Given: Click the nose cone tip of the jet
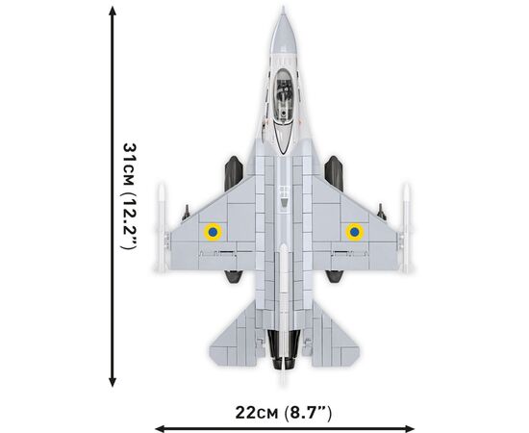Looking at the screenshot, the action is pyautogui.click(x=283, y=8).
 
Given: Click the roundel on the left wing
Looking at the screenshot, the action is pyautogui.click(x=213, y=232).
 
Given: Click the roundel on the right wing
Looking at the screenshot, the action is pyautogui.click(x=354, y=232).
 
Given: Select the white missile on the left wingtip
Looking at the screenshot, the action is pyautogui.click(x=162, y=228).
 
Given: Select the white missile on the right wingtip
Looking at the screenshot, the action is pyautogui.click(x=406, y=228).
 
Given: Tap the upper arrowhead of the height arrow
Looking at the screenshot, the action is pyautogui.click(x=113, y=11).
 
